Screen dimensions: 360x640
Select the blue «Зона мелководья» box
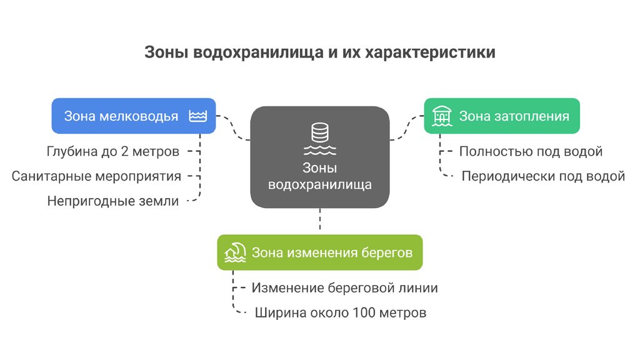pos(133,116)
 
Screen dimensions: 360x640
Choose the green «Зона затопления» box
pos(502,116)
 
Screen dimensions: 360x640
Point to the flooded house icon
pos(442,116)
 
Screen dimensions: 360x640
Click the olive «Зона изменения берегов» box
pos(319,252)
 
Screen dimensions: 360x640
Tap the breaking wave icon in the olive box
pos(235,252)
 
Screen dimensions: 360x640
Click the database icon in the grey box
pos(320,133)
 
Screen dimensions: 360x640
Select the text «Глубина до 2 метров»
pos(113,151)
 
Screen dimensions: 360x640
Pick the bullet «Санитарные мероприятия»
pos(96,176)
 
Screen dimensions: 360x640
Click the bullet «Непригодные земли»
pos(113,201)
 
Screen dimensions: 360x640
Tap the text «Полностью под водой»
pos(531,151)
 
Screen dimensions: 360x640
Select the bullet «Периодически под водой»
pos(543,176)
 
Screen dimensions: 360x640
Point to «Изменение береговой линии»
pos(344,288)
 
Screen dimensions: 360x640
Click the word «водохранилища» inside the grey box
pos(320,185)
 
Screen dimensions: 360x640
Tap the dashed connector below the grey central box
pos(320,221)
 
